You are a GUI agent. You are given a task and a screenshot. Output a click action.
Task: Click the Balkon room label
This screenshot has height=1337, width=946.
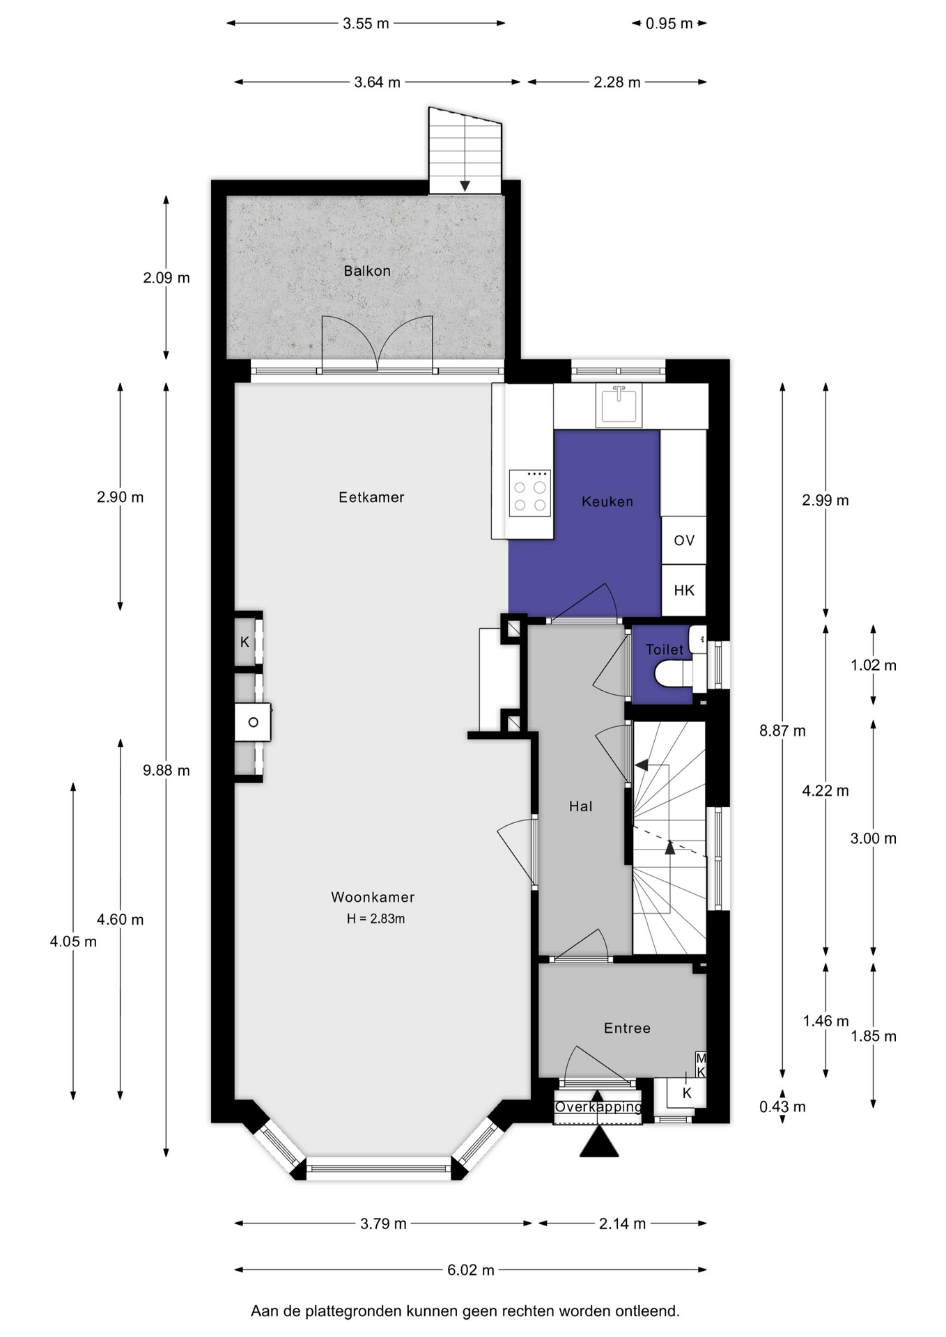367,271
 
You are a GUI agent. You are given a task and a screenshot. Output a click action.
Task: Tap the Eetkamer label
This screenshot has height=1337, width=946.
371,497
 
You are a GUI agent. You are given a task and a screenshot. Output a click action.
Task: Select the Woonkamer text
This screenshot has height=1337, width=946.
373,897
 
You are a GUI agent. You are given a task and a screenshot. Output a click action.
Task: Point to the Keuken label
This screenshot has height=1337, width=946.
607,501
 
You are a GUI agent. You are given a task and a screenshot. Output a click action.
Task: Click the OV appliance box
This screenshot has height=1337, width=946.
683,540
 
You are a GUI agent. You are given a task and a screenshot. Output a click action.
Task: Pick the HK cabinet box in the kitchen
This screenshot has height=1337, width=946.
683,590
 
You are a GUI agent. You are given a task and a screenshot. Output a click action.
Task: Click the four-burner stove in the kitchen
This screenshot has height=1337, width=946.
530,493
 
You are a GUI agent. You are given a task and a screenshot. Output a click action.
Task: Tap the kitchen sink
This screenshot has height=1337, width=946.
619,405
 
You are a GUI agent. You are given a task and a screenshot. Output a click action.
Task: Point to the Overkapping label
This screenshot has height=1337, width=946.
598,1107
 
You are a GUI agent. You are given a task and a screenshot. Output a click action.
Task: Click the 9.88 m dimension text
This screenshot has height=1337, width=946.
166,770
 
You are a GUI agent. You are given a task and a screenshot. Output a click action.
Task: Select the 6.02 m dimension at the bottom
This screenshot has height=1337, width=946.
471,1270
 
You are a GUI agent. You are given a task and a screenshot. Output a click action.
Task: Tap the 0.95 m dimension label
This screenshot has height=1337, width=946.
669,24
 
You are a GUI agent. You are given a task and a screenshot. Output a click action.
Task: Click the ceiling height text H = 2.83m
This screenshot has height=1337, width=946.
376,918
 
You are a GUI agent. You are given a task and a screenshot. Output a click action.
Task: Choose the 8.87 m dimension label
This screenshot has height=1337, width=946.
782,730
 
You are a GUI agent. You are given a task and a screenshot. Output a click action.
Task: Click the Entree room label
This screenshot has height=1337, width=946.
627,1028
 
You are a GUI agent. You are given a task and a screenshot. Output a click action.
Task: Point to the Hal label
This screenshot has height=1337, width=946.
581,806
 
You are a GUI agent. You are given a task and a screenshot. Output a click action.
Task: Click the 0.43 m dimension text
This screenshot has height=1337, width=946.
782,1107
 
